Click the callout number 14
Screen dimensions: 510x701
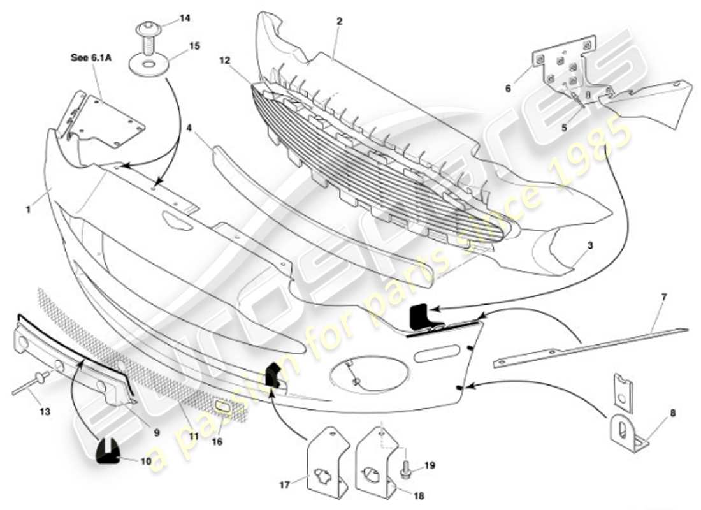coord(185,18)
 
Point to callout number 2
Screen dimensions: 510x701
coord(340,20)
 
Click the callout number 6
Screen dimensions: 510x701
coord(508,89)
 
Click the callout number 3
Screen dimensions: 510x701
coord(590,244)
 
